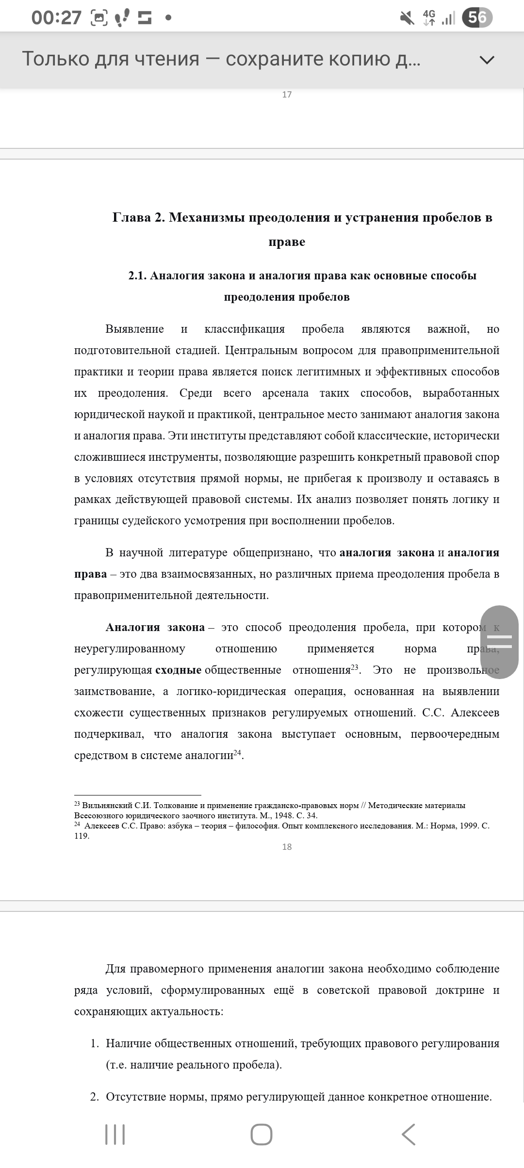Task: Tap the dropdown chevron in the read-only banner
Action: tap(487, 60)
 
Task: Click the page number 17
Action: tap(287, 95)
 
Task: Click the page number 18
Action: tap(287, 846)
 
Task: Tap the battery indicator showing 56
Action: tap(477, 18)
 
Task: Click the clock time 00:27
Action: tap(56, 18)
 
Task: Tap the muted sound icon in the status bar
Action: tap(407, 18)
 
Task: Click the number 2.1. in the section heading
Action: tap(137, 276)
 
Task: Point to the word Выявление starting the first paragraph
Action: tap(134, 329)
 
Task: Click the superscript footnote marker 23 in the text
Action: tap(355, 667)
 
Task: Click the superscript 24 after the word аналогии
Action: tap(237, 752)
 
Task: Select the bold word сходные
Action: tap(178, 670)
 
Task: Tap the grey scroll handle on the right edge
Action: tap(499, 642)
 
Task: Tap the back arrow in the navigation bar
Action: tap(409, 1134)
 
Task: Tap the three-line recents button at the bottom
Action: tap(115, 1134)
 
